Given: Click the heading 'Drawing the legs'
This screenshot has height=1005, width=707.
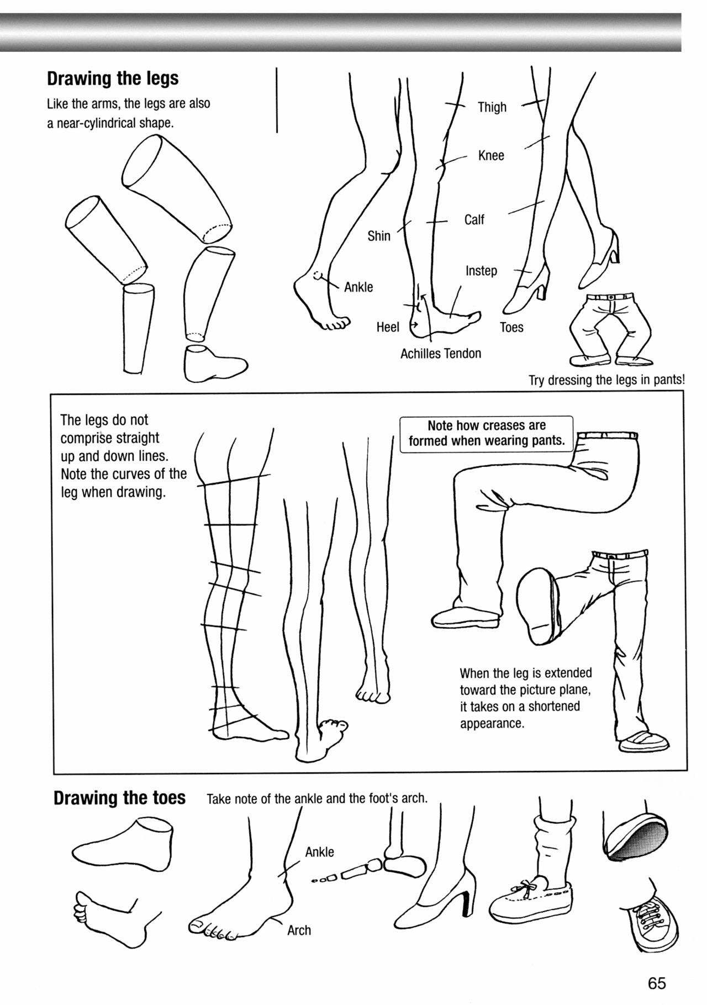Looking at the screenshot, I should click(x=113, y=78).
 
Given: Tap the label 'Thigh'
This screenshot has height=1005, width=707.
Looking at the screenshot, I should click(x=492, y=107).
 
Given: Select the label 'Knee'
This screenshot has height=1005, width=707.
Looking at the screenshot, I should click(x=491, y=155).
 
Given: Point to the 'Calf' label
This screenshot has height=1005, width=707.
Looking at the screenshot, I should click(x=474, y=219).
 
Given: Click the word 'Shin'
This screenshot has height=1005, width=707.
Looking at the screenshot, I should click(x=379, y=236).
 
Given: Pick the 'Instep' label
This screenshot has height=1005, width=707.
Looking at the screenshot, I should click(x=481, y=271).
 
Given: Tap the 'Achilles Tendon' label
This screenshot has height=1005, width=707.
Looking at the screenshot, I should click(x=441, y=353).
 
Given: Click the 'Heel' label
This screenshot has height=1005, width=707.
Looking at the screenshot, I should click(x=388, y=327).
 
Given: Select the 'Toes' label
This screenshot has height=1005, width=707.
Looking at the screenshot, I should click(x=511, y=327).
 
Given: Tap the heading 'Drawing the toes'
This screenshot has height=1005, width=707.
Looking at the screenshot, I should click(x=119, y=798).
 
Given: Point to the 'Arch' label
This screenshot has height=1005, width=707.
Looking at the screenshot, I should click(x=299, y=930).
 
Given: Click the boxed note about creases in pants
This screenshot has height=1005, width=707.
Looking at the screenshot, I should click(x=486, y=434).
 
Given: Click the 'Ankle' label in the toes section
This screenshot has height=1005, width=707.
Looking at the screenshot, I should click(x=319, y=852).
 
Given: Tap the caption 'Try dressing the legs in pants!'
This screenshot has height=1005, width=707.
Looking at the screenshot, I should click(x=606, y=380).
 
